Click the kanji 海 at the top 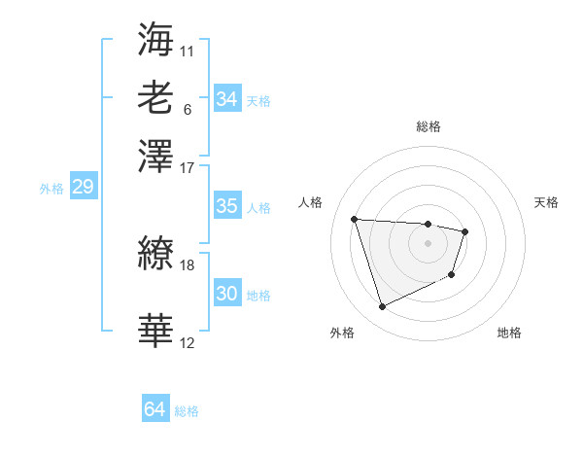pos(155,39)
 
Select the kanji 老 pos(155,98)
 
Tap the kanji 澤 pos(155,157)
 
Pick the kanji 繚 pos(155,256)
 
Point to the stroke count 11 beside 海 pos(188,49)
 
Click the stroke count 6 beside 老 pos(188,109)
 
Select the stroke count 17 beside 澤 pos(188,166)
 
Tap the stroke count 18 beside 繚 pos(188,264)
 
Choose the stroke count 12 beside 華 pos(188,342)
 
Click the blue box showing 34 pos(226,99)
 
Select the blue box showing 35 pos(226,206)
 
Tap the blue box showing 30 pos(226,294)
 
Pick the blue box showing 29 pos(83,188)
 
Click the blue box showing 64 pos(154,409)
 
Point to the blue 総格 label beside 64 pos(187,411)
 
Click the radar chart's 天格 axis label pos(547,202)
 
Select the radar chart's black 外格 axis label pos(342,333)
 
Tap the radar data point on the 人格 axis pos(355,219)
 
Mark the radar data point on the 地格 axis pos(453,275)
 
